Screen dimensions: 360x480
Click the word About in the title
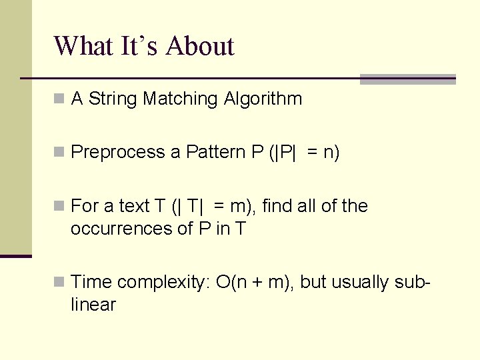[x=200, y=46]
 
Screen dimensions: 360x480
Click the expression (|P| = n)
[x=304, y=153]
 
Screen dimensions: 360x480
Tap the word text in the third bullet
[x=135, y=206]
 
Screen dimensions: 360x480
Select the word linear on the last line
[x=93, y=305]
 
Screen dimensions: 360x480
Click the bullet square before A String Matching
[x=59, y=99]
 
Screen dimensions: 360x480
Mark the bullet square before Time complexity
[x=59, y=283]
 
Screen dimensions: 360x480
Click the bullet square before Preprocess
[x=59, y=153]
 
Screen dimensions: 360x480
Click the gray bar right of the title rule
[x=407, y=79]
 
